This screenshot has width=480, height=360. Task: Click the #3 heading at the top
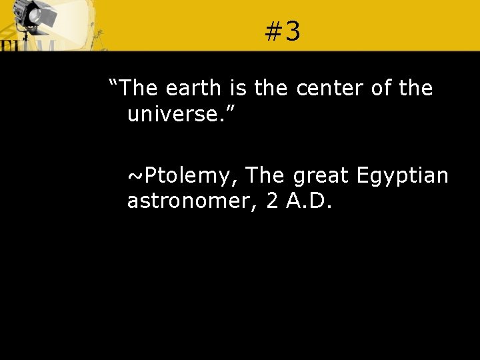283,31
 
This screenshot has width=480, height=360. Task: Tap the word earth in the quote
193,88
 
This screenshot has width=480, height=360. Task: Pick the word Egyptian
402,176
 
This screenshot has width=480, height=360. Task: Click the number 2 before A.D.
272,201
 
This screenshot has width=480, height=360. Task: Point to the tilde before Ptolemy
135,177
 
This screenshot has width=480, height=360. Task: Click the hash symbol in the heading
273,31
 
